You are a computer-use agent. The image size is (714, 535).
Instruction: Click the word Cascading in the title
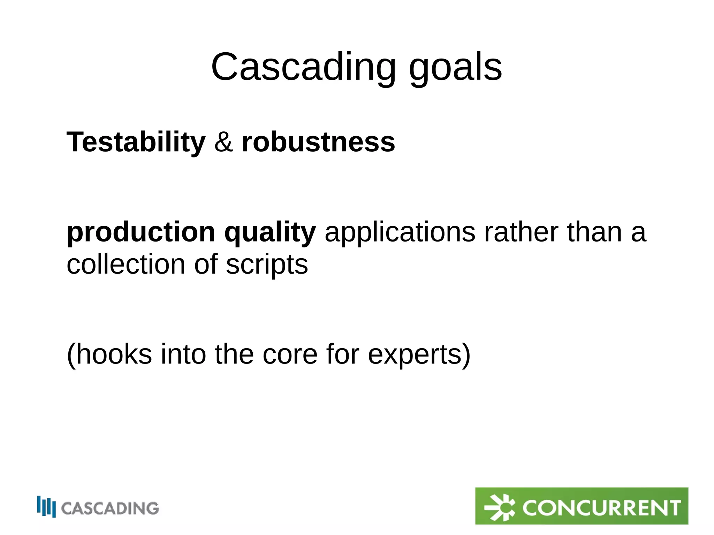click(x=303, y=67)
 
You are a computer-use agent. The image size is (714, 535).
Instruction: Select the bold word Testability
click(x=136, y=142)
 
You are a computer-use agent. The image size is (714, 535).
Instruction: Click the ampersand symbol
click(x=223, y=142)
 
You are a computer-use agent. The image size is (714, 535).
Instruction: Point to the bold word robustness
click(x=318, y=142)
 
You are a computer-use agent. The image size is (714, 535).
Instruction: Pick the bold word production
click(x=141, y=232)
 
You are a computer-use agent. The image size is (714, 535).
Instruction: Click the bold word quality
click(x=270, y=232)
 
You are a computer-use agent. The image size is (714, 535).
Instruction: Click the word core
click(x=290, y=354)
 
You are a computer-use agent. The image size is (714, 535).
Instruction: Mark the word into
click(x=183, y=354)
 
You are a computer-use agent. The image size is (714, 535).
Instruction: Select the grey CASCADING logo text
click(x=110, y=508)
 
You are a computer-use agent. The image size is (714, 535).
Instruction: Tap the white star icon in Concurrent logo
click(x=500, y=507)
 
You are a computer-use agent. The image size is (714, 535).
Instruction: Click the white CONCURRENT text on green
click(x=601, y=507)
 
